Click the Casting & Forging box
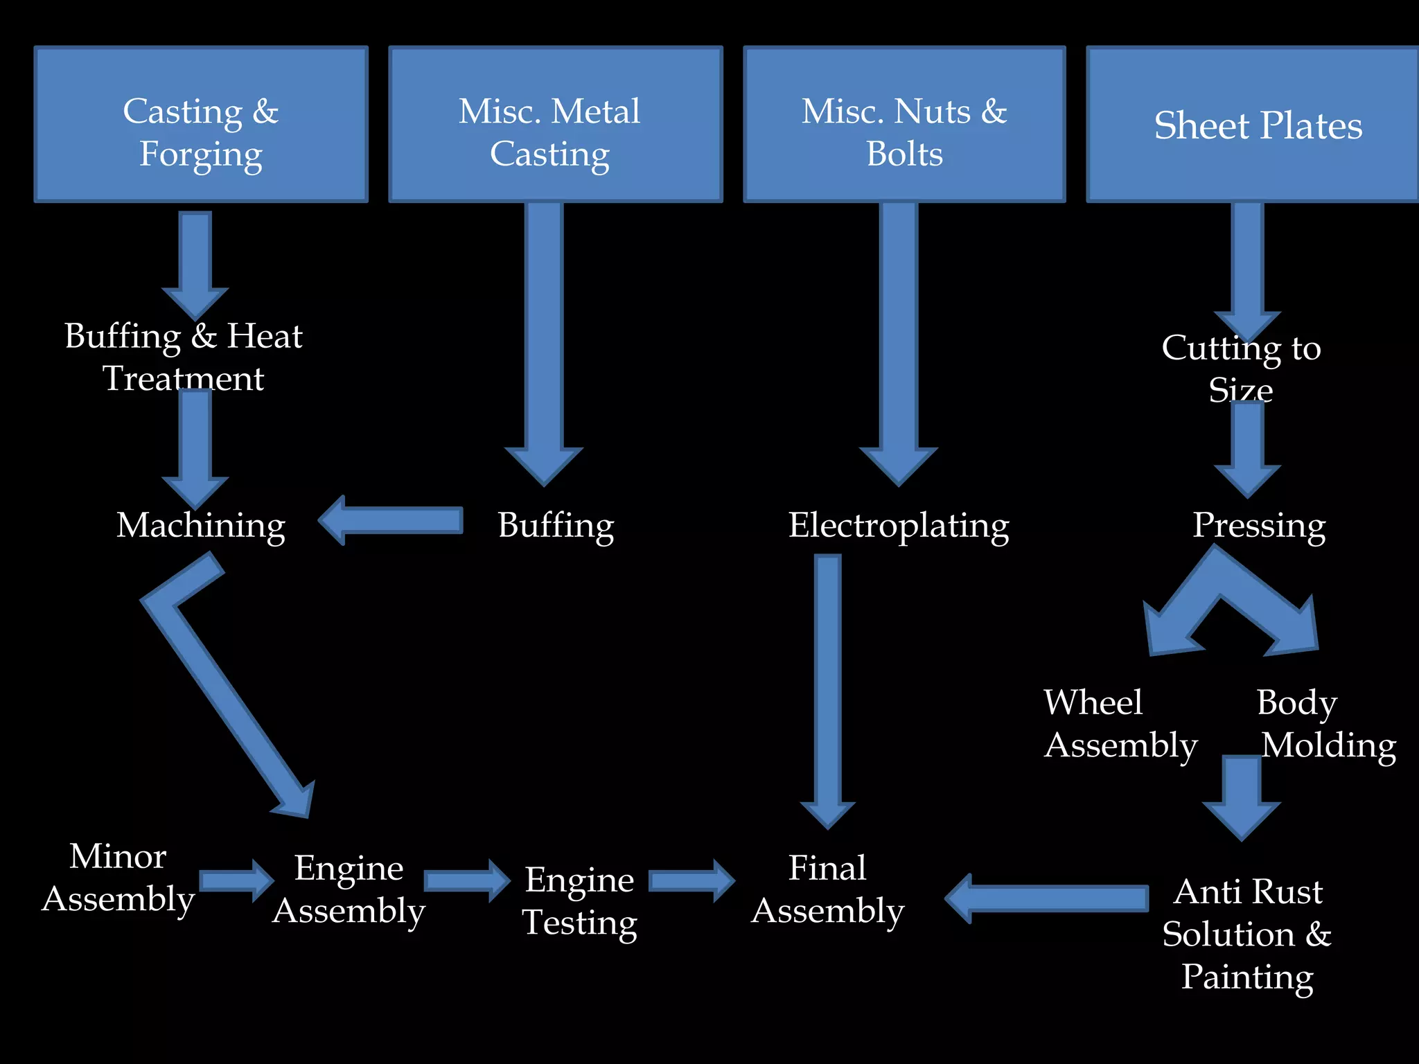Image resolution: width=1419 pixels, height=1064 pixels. coord(201,125)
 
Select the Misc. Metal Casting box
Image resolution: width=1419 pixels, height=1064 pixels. coord(556,125)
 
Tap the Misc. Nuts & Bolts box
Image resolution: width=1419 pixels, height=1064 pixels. coord(904,125)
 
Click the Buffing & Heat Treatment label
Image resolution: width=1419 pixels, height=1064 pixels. coord(184,356)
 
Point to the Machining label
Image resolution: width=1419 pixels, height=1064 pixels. coord(201,525)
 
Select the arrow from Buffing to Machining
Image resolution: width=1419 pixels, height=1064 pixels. coord(391,521)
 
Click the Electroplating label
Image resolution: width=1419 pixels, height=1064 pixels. coord(899,525)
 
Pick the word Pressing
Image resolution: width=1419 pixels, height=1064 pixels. coord(1259,525)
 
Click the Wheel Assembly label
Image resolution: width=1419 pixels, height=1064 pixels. coord(1120,723)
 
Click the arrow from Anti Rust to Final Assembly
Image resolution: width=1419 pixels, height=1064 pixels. coord(1046,898)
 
